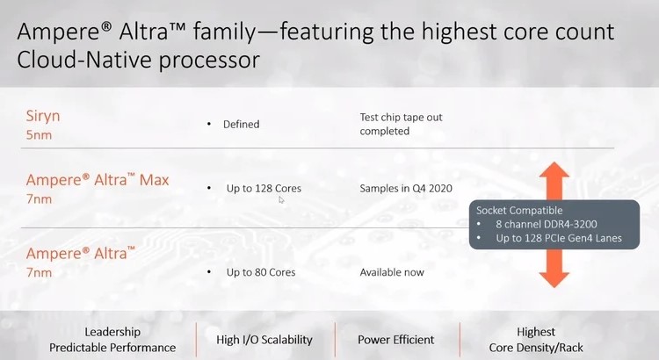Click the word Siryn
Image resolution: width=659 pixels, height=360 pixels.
click(43, 116)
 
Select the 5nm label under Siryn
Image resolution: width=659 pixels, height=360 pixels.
click(39, 135)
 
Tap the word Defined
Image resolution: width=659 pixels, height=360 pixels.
click(242, 125)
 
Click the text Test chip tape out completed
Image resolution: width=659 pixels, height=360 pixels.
click(401, 124)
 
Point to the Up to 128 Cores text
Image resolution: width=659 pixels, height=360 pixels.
click(264, 188)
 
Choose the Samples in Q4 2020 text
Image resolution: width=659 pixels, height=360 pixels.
click(406, 188)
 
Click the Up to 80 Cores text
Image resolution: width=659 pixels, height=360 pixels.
click(261, 272)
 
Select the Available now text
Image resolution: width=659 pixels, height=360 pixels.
click(392, 272)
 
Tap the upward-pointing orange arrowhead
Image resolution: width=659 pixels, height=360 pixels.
click(554, 169)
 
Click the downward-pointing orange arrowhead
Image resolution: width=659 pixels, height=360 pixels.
click(554, 280)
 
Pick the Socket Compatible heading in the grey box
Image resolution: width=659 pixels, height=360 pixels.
click(519, 211)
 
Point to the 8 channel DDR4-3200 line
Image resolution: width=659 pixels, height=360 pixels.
click(547, 224)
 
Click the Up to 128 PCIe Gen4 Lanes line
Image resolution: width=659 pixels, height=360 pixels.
click(559, 238)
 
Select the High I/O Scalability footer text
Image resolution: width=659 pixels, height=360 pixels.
click(264, 340)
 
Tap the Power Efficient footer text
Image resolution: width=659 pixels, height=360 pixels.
click(396, 340)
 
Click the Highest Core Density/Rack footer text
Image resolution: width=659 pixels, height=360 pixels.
click(536, 340)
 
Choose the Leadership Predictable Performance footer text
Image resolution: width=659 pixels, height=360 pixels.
click(112, 340)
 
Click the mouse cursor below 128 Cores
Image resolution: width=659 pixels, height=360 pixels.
click(281, 200)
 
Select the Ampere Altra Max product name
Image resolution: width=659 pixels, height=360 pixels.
click(98, 180)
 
